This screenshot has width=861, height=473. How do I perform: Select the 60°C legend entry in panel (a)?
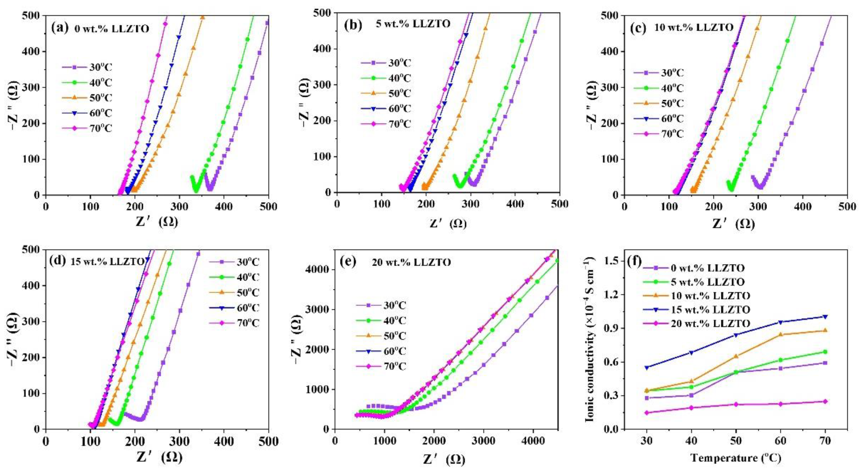(x=87, y=113)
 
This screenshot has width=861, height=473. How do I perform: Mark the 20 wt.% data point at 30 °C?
(x=646, y=413)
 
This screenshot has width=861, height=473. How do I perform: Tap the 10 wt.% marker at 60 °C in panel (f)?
(x=780, y=334)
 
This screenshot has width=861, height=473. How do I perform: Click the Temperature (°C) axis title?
(x=736, y=458)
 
